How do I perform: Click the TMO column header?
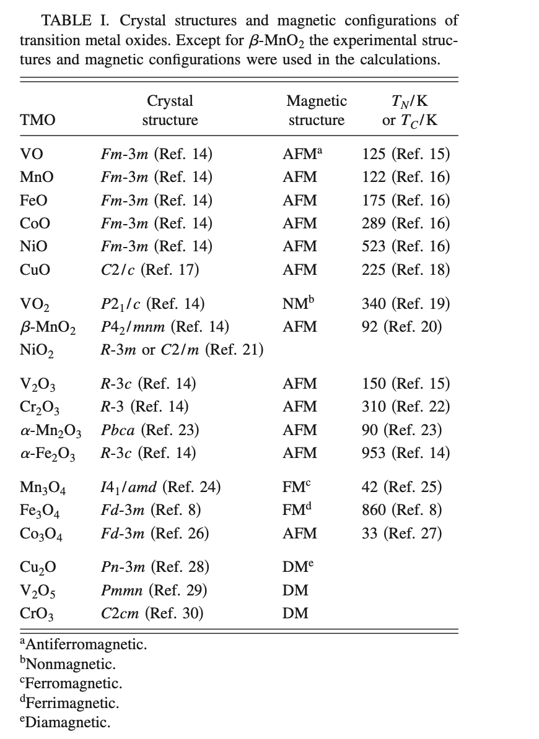(38, 120)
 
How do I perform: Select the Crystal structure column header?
(170, 110)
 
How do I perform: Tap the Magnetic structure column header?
(316, 110)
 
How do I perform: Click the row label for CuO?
(35, 270)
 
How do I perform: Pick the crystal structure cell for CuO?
(149, 270)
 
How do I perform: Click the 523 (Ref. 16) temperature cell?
(406, 246)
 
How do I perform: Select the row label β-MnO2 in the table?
(48, 327)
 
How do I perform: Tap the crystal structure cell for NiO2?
(182, 350)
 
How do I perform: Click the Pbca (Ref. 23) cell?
(150, 430)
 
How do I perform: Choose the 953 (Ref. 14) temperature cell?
(406, 453)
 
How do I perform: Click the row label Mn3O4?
(43, 488)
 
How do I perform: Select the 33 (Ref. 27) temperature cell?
(401, 534)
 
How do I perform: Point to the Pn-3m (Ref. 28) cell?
(155, 567)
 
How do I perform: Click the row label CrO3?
(37, 615)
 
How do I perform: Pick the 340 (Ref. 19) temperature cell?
(406, 304)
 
